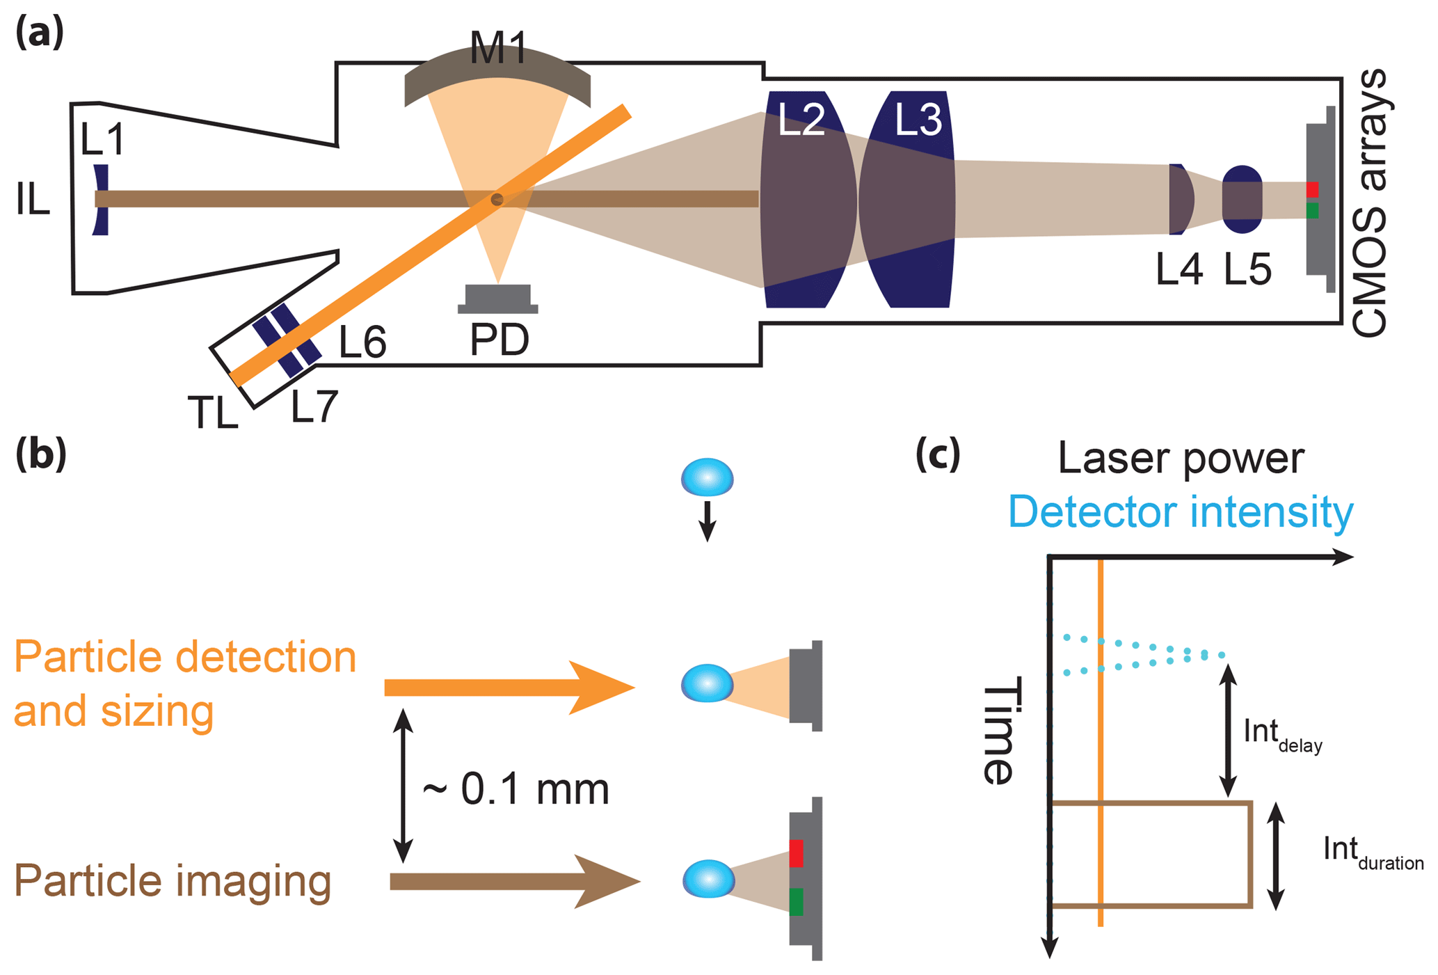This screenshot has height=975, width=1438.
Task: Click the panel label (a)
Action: (x=39, y=32)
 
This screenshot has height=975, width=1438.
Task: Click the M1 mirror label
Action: (x=498, y=49)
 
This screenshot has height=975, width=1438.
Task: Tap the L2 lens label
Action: (x=801, y=119)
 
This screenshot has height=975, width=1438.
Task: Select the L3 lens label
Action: (x=918, y=119)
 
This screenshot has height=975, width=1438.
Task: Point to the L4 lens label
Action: (x=1179, y=270)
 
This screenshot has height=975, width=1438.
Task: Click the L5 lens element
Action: (x=1242, y=199)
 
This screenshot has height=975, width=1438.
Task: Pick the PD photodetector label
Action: (x=499, y=340)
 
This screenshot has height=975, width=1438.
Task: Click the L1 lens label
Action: (x=102, y=138)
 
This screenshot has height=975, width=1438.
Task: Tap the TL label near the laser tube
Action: (x=212, y=412)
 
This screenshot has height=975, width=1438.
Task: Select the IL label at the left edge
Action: (x=33, y=200)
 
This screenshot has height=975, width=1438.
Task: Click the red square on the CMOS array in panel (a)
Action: (x=1312, y=189)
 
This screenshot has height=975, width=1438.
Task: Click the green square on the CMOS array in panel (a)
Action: (x=1312, y=210)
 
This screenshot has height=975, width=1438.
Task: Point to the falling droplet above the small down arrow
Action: (x=707, y=477)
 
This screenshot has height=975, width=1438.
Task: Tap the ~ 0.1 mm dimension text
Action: (x=516, y=789)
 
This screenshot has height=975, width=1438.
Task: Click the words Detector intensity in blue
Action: (x=1180, y=512)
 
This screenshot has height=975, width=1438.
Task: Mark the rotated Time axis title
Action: (x=999, y=731)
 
